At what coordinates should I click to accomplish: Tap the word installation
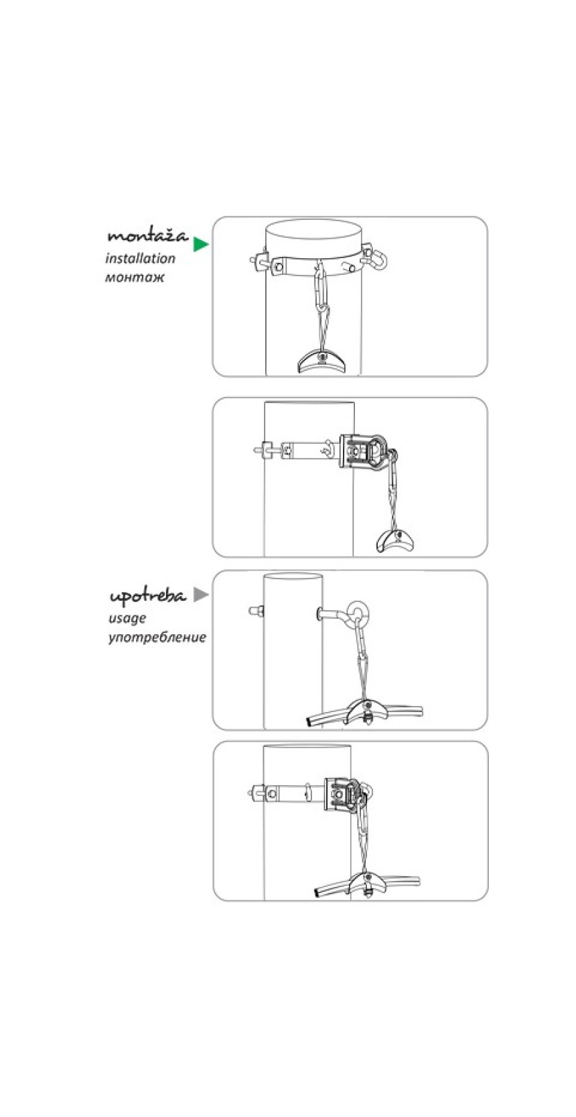point(141,258)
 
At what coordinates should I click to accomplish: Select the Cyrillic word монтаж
point(135,277)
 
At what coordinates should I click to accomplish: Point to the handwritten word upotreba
point(147,596)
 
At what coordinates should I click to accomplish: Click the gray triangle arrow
point(200,594)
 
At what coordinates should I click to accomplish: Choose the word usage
point(127,618)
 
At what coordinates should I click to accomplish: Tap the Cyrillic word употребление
point(157,636)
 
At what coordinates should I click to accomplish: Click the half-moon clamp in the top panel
point(321,361)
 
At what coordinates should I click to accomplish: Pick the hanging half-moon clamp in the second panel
point(397,540)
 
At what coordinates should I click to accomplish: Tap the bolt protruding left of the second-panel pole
point(261,449)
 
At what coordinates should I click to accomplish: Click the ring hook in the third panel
point(360,613)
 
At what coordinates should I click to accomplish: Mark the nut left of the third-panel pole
point(255,611)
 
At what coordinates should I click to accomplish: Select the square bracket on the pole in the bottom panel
point(340,796)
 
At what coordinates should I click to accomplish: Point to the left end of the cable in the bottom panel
point(317,892)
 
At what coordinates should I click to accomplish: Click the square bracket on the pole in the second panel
point(362,453)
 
